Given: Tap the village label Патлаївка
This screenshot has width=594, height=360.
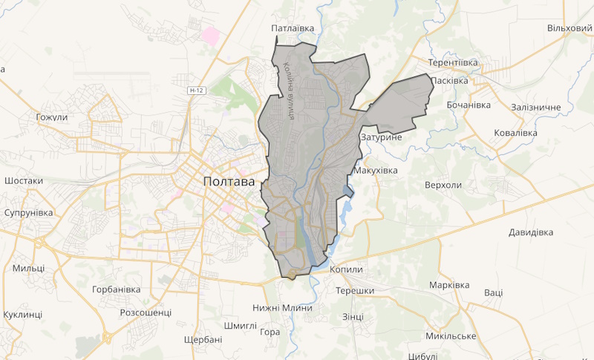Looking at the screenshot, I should coord(293,28).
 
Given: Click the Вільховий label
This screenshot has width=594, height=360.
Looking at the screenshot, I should coord(569,28).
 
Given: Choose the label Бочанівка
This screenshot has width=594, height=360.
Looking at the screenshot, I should coord(469,105).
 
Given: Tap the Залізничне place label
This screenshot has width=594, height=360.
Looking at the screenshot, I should coord(536,108).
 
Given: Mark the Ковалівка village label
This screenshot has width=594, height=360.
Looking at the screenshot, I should coord(515,133).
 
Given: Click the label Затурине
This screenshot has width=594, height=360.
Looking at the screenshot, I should coord(380,138).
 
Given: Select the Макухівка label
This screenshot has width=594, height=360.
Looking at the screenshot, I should coord(376,171).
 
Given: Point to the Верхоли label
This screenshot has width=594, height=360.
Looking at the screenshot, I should coord(443,185).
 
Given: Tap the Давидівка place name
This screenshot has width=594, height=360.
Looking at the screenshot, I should coord(531,232).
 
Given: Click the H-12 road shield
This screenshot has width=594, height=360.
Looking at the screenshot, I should coord(196,91).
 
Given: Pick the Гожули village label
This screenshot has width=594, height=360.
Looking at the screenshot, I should coord(52,117).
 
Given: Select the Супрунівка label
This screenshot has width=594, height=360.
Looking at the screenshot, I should coord(29,213).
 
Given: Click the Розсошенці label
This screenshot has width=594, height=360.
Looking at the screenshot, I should coord(146,312).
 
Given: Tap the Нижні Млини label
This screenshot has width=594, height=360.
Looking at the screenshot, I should coord(282,308).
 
